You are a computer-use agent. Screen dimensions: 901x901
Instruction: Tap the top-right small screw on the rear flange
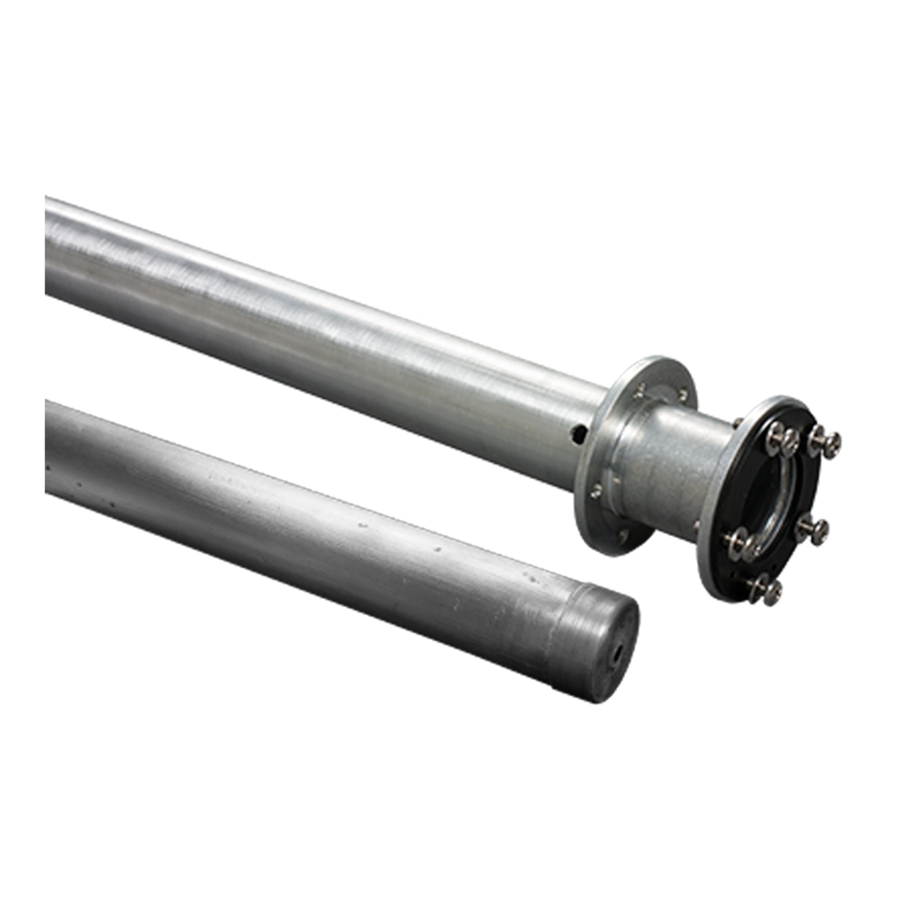(683, 395)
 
